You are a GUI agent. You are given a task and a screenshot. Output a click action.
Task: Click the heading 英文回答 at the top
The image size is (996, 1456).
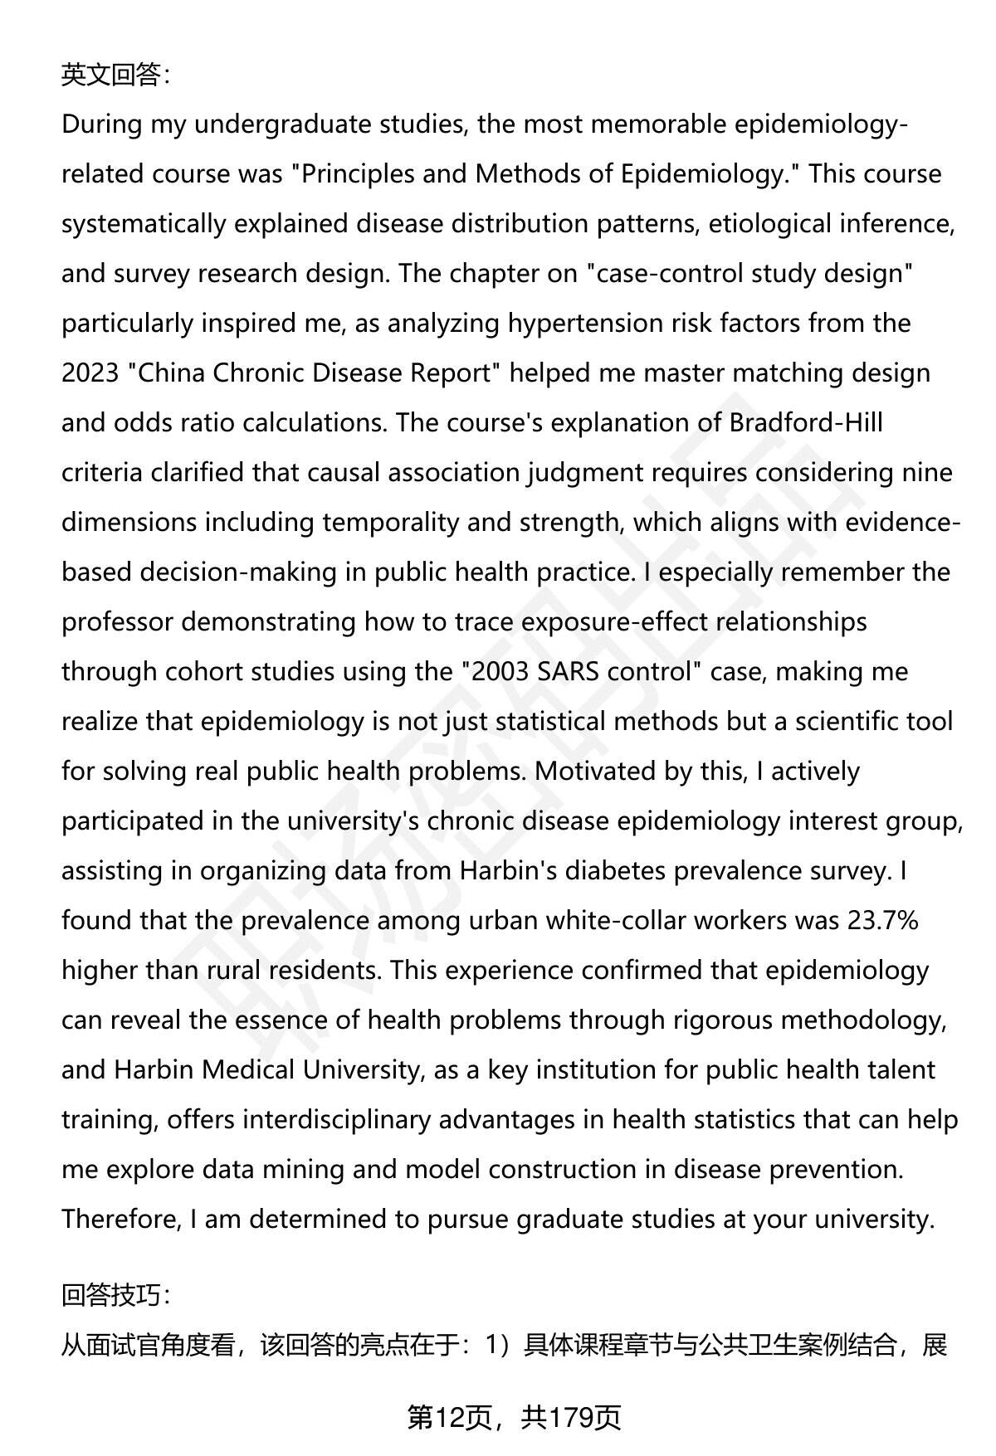[115, 75]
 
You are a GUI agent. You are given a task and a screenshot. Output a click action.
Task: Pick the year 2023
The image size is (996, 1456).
[90, 373]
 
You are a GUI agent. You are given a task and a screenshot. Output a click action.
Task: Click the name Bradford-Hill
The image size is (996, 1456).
[806, 423]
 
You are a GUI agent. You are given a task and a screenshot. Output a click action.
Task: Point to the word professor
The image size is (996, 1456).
[117, 622]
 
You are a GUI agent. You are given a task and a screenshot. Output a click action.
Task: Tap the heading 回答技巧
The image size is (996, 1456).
[115, 1295]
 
